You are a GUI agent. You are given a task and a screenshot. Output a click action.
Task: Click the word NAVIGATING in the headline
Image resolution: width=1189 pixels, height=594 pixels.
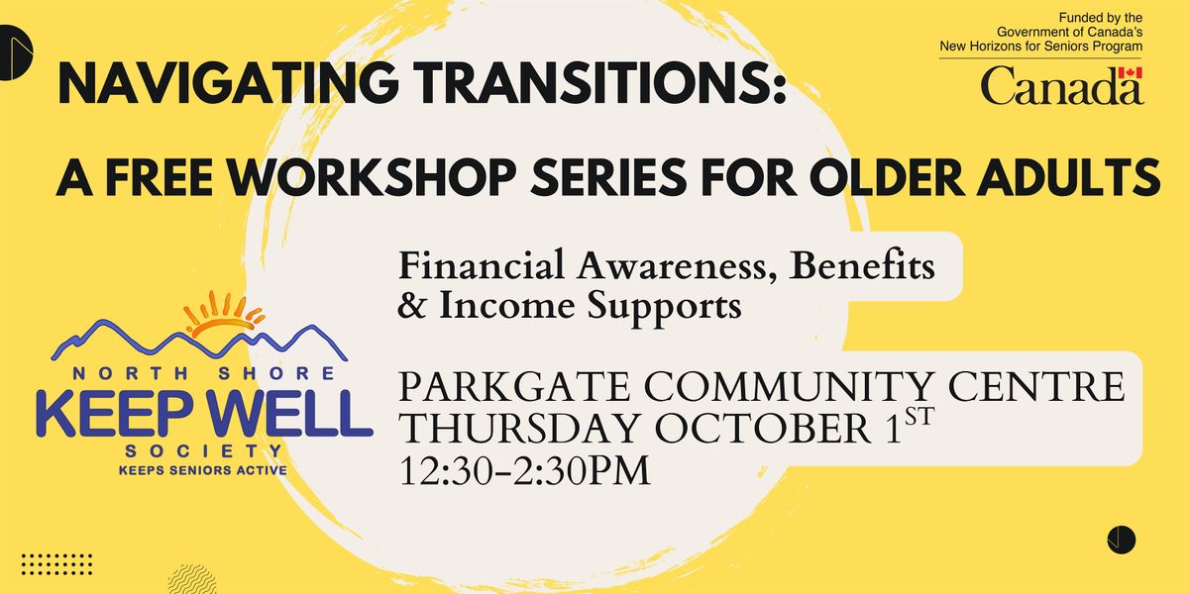[229, 84]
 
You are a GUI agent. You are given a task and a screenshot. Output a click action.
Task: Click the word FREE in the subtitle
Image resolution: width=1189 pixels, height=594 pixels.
[160, 176]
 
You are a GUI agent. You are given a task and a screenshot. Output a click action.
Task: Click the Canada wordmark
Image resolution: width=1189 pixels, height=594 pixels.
[1061, 85]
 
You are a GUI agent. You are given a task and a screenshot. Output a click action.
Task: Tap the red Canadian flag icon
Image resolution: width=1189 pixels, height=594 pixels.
[1131, 72]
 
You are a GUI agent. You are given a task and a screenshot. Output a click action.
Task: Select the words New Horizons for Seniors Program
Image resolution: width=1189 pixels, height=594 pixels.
[1041, 47]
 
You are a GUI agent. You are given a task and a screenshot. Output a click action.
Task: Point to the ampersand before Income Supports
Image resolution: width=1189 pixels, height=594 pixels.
[411, 305]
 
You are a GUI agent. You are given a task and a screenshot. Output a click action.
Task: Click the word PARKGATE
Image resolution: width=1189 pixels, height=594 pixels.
[514, 387]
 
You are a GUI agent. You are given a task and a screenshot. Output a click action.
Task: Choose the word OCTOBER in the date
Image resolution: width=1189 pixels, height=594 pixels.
[763, 429]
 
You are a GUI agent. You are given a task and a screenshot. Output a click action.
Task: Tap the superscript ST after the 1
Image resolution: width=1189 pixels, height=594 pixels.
[919, 417]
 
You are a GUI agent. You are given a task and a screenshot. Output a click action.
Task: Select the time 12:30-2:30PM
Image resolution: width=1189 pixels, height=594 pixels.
[524, 470]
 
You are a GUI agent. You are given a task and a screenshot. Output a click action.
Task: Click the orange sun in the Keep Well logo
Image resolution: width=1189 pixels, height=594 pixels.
[224, 314]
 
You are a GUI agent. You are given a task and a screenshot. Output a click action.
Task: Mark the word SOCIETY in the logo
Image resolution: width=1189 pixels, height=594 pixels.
[203, 451]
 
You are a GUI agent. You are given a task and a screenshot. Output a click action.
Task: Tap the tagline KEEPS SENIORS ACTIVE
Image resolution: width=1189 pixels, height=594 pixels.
[203, 470]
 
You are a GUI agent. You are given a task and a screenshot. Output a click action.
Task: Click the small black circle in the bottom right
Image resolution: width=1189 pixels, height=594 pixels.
[1121, 540]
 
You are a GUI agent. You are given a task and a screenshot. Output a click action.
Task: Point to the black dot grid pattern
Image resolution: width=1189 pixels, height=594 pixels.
[56, 564]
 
